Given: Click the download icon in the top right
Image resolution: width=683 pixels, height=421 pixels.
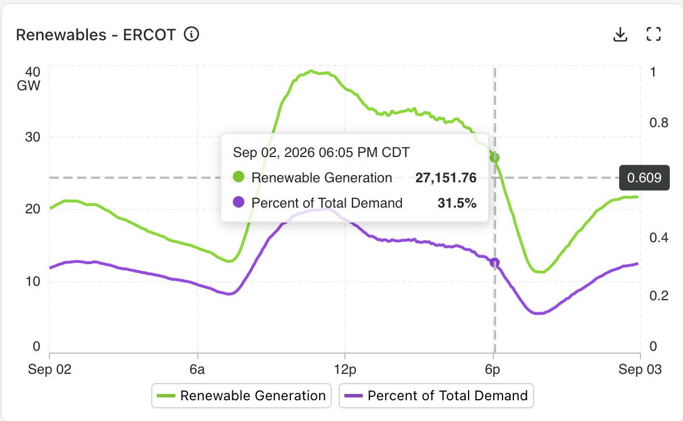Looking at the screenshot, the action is pos(620,35).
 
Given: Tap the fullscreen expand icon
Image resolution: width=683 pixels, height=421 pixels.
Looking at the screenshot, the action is pos(653,34).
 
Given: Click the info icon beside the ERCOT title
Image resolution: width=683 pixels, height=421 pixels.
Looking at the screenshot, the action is pos(191,34).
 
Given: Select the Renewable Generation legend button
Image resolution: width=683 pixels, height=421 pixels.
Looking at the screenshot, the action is pos(241,396).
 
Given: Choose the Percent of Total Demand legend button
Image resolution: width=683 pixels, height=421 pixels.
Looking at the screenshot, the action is pos(436,396).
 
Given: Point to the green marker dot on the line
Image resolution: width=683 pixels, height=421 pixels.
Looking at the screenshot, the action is pos(494,158).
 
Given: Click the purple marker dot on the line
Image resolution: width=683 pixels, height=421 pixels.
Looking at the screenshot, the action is pos(494,262).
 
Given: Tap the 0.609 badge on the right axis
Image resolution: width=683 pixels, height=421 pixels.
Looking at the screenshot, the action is pos(644,178).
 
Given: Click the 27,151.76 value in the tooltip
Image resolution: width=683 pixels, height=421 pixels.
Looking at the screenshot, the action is pos(446,178).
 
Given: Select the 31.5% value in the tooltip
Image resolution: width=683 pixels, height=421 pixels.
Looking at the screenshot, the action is pos(457,203).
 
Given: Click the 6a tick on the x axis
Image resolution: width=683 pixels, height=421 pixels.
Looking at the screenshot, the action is pos(197,370).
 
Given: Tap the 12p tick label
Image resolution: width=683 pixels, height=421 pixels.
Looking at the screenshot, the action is pos(345,370).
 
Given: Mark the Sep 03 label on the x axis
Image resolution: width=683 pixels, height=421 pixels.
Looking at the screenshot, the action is pos(640,370).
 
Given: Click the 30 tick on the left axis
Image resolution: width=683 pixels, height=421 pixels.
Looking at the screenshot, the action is pos(33,137).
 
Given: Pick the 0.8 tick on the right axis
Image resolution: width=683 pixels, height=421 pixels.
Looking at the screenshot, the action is pos(659,123).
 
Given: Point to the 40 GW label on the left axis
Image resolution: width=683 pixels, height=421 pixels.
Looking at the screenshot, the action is pos(29,79).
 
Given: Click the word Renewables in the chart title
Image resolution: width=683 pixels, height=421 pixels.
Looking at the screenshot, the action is pos(61,35).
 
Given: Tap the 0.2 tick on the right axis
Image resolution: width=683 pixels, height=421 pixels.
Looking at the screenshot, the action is pos(659,296).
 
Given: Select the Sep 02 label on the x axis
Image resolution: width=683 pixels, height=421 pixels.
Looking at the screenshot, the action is pos(49,370).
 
